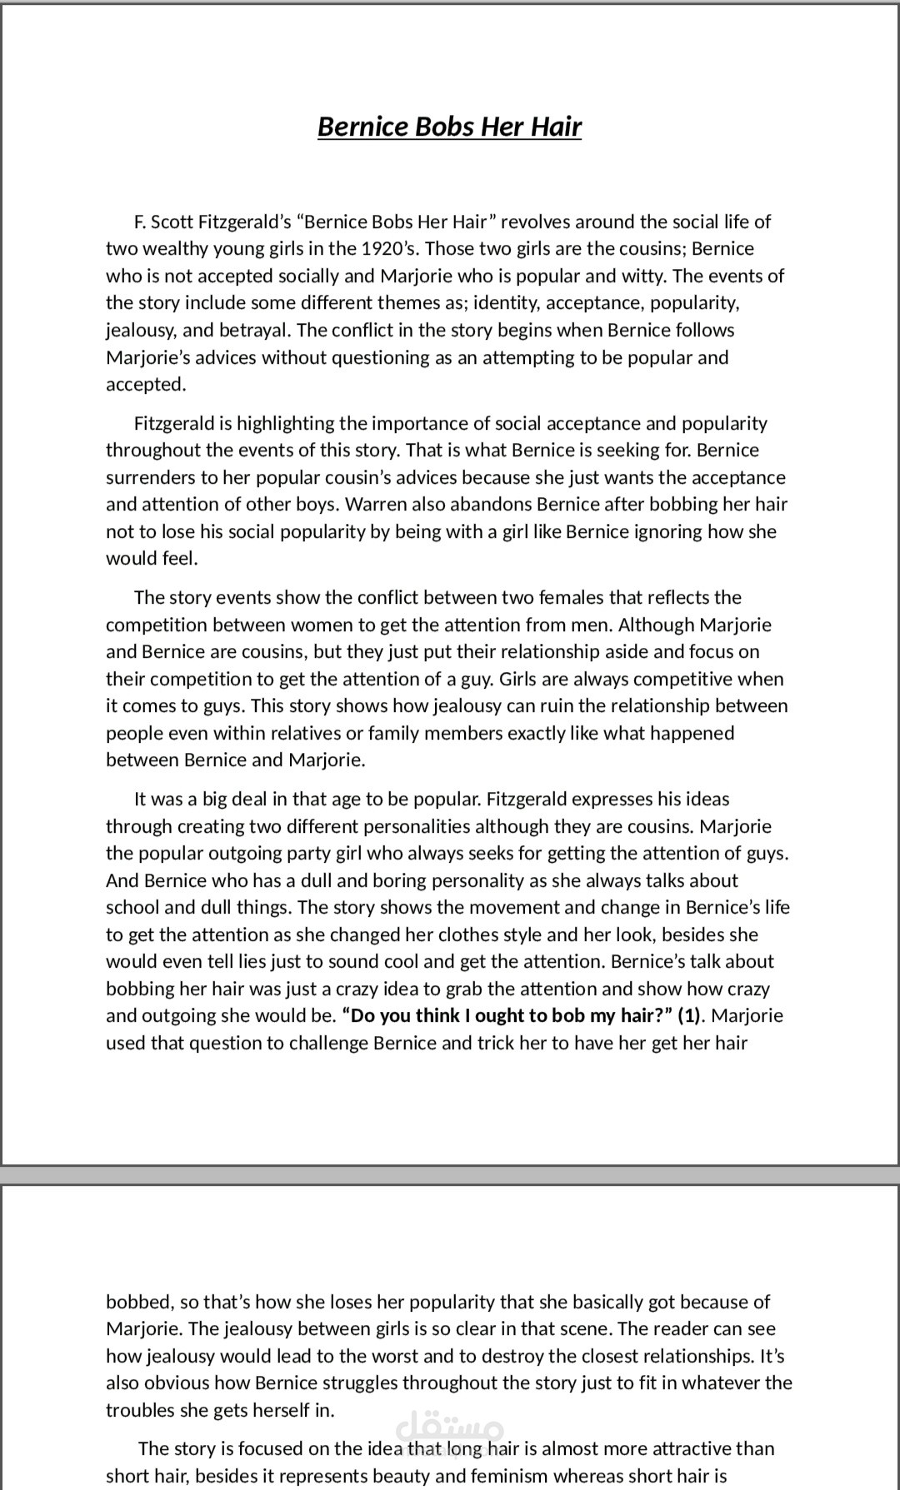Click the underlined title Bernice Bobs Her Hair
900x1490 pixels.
point(449,127)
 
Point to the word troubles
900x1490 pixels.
point(139,1410)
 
